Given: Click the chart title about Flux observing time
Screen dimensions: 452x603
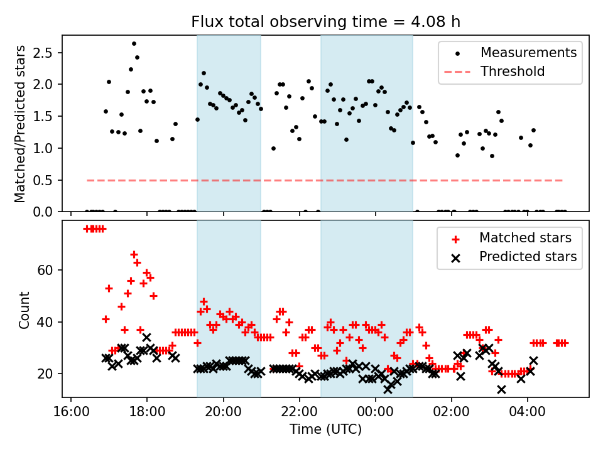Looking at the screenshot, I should point(326,22).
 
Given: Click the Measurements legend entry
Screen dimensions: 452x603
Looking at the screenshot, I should point(528,53).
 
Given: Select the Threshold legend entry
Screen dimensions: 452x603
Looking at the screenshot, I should point(513,72).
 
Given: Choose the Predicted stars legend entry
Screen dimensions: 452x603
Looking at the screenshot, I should point(528,257).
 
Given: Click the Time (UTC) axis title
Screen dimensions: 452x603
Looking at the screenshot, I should point(325,429).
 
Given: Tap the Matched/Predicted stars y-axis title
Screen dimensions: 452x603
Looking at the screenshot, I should point(20,124).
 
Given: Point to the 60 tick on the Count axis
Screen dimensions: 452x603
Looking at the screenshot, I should point(48,271).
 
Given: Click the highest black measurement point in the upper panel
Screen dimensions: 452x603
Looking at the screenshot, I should point(134,44).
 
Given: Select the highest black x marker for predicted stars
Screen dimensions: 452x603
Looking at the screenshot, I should point(146,337).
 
